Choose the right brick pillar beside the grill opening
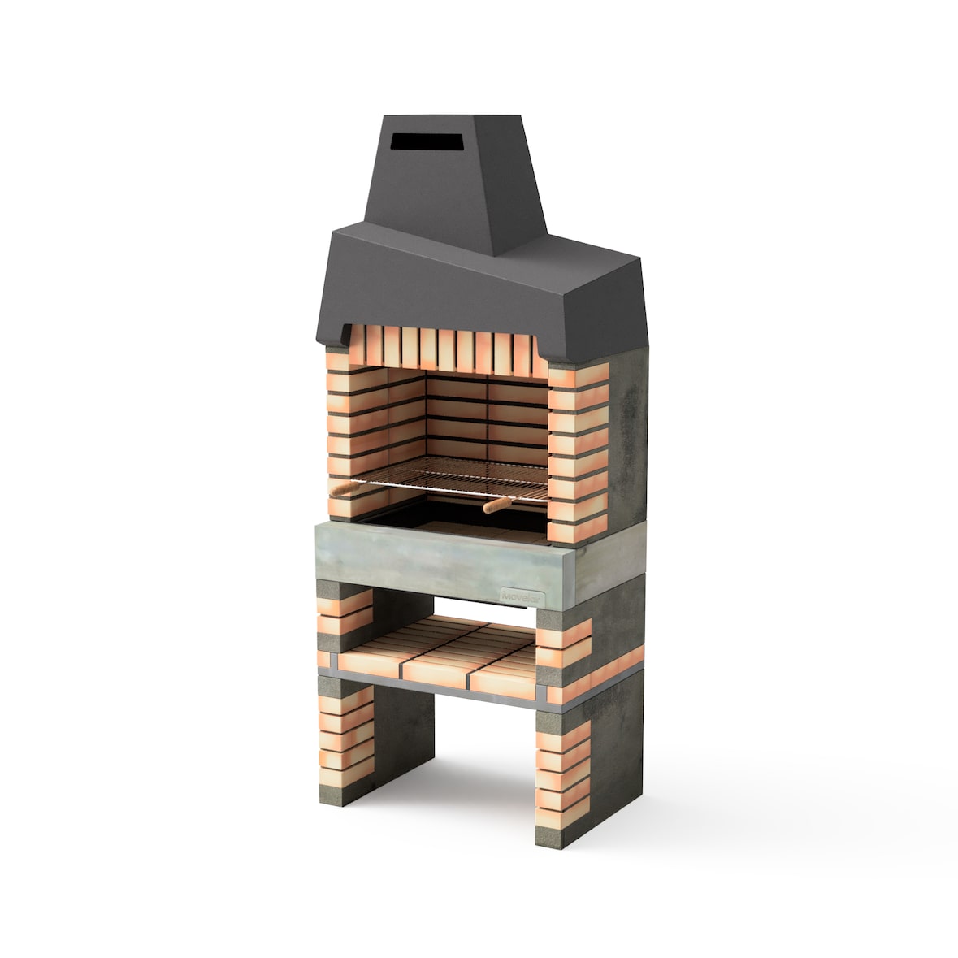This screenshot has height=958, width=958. point(577,455)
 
